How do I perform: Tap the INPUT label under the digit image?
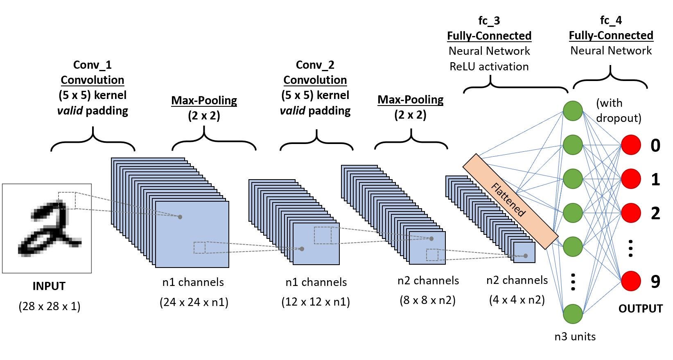pyautogui.click(x=49, y=286)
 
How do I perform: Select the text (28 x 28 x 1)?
pyautogui.click(x=50, y=306)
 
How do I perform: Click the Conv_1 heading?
pyautogui.click(x=92, y=65)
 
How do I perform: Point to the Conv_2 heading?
pyautogui.click(x=315, y=65)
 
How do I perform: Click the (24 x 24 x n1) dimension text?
pyautogui.click(x=194, y=302)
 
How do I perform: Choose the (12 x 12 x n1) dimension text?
pyautogui.click(x=315, y=302)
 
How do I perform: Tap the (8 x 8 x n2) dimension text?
pyautogui.click(x=427, y=300)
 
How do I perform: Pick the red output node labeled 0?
pyautogui.click(x=630, y=145)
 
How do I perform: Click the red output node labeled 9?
pyautogui.click(x=630, y=281)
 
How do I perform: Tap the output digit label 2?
pyautogui.click(x=655, y=213)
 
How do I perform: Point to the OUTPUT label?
pyautogui.click(x=640, y=308)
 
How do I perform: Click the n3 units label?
pyautogui.click(x=575, y=337)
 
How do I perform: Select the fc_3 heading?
pyautogui.click(x=489, y=20)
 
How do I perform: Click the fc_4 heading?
pyautogui.click(x=611, y=20)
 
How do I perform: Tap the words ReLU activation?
pyautogui.click(x=489, y=67)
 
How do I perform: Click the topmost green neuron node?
pyautogui.click(x=573, y=111)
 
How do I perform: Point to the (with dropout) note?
pyautogui.click(x=618, y=110)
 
